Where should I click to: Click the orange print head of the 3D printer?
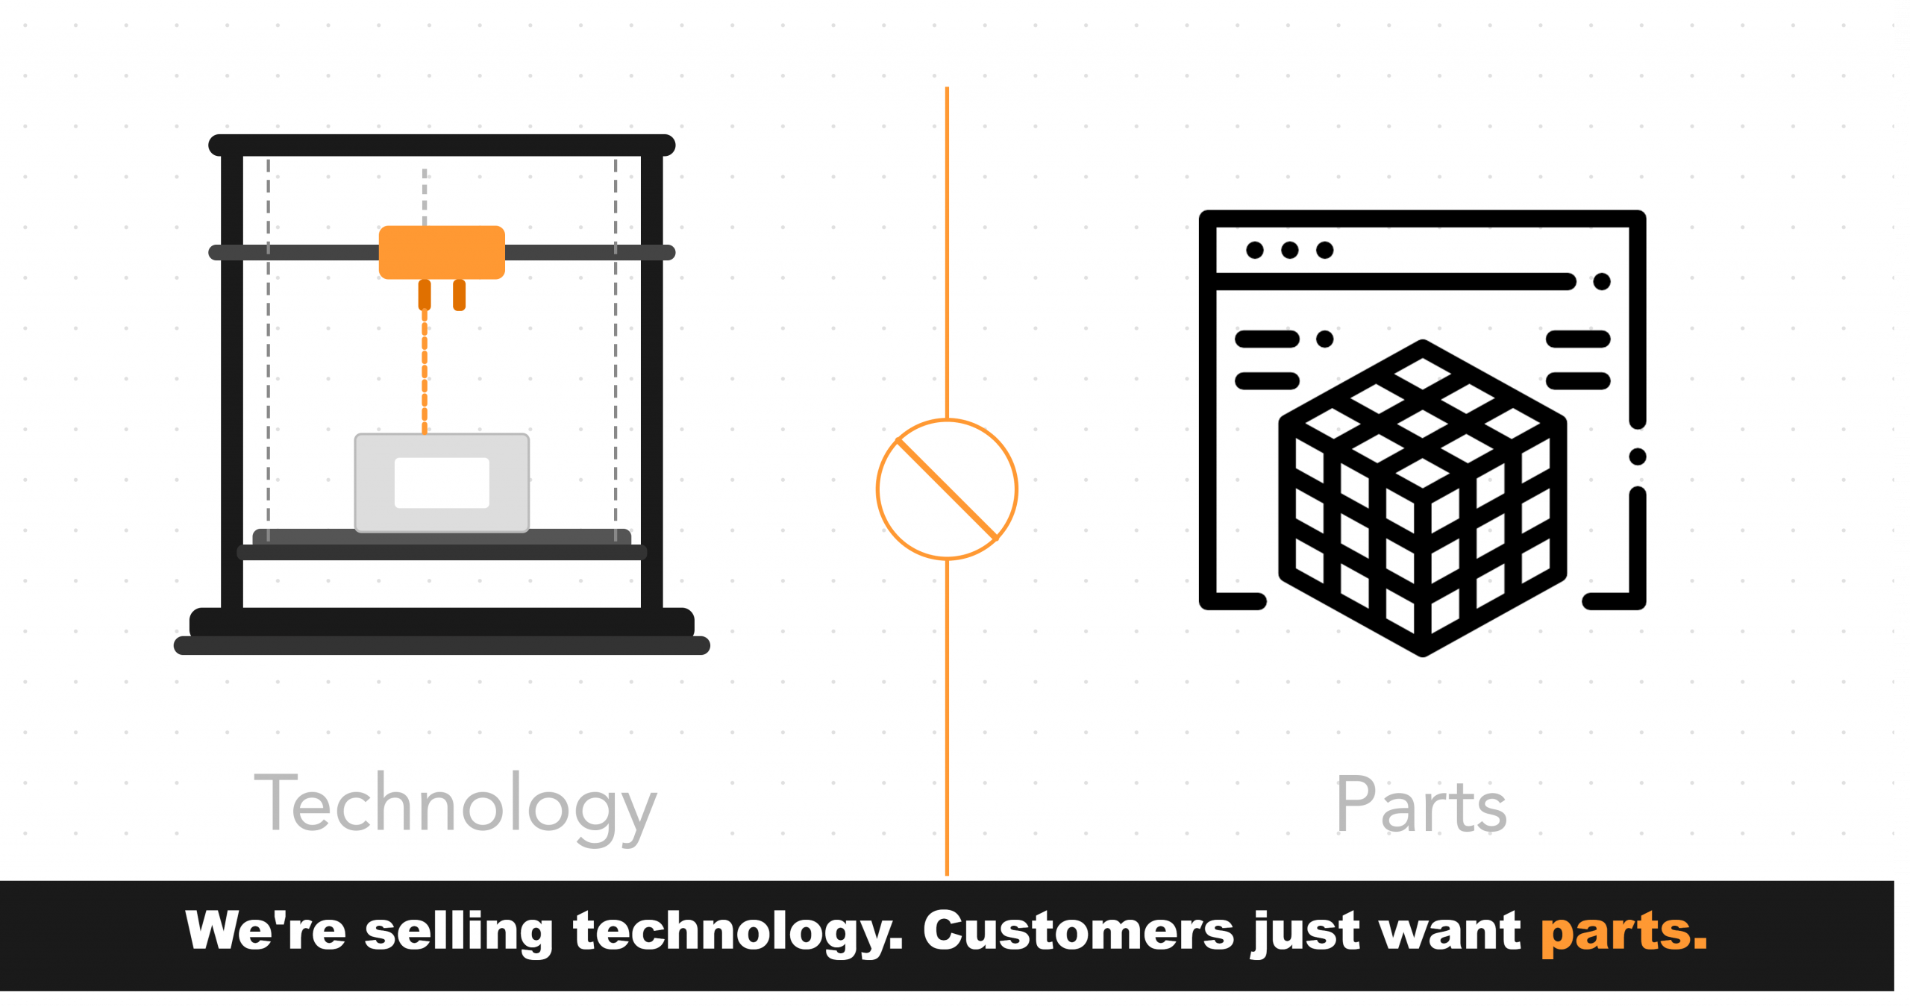click(442, 252)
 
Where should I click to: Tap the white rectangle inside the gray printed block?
click(442, 483)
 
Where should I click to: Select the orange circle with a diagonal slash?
click(947, 489)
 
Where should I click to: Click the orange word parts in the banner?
click(1624, 933)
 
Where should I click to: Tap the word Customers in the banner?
click(1079, 930)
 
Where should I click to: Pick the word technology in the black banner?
click(738, 932)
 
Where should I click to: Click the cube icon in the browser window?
click(1422, 498)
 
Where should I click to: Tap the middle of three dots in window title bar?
click(1289, 250)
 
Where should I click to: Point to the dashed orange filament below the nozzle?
click(425, 371)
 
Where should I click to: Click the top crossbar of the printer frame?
click(442, 145)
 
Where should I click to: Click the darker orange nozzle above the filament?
click(425, 295)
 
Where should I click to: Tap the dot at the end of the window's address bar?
click(1602, 281)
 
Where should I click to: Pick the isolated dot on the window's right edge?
click(1638, 457)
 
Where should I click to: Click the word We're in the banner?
click(266, 930)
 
